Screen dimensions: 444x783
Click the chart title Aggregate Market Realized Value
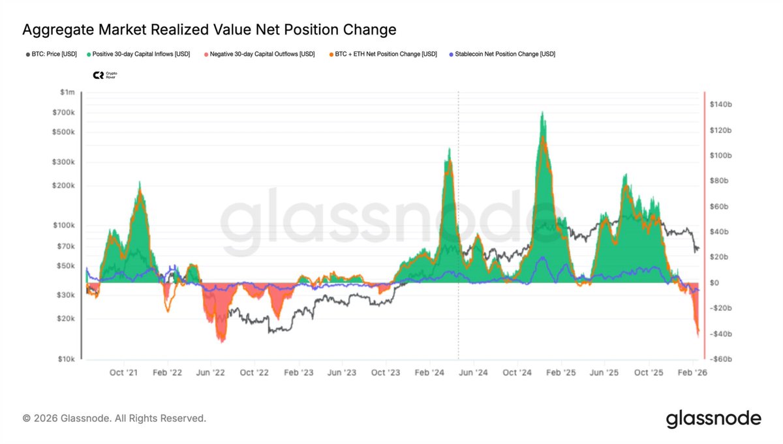pos(209,29)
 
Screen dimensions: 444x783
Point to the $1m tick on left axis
pos(67,93)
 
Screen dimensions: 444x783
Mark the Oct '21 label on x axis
pos(123,373)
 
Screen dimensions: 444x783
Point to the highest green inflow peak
pos(543,113)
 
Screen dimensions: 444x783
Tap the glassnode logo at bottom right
pos(713,418)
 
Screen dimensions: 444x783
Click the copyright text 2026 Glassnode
pos(114,418)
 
